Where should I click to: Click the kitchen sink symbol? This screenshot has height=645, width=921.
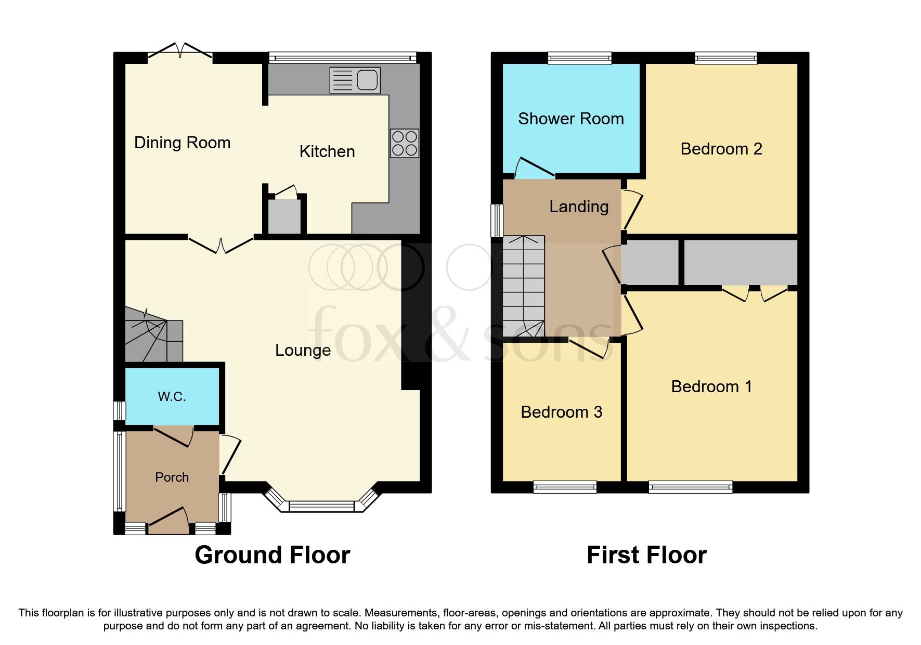point(355,81)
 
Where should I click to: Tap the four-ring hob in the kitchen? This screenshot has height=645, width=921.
point(404,144)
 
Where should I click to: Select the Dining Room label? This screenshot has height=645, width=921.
point(182,143)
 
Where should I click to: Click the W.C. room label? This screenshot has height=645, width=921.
point(172,397)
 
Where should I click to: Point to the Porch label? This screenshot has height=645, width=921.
point(172,477)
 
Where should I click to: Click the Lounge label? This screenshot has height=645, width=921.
point(303,350)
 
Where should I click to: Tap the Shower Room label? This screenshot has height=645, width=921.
point(570,119)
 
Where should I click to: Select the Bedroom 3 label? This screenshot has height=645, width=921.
point(561,412)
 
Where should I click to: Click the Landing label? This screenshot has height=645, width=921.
point(579,207)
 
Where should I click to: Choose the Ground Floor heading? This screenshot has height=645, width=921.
point(272,555)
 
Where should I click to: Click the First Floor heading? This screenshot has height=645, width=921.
point(646,555)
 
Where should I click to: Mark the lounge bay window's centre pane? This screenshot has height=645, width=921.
point(321,506)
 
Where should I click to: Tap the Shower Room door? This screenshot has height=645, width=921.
point(534,168)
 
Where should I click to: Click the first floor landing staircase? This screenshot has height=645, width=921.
point(523,286)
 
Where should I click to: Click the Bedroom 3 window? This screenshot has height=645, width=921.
point(565,487)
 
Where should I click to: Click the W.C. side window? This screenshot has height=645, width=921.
point(120,410)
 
